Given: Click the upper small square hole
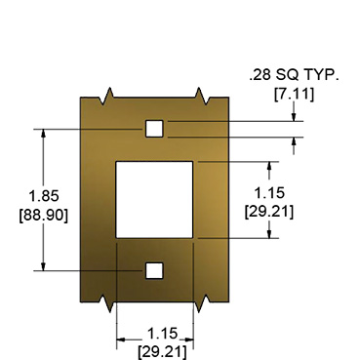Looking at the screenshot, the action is pos(154,129).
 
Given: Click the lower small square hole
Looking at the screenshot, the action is pos(154,270).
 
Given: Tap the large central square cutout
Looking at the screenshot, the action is pos(154,200).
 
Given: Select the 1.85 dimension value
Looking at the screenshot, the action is pos(44,196).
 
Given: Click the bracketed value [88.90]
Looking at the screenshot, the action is pos(44,216).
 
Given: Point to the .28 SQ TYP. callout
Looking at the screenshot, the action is pos(294,75).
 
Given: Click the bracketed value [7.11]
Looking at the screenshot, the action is pos(295,95).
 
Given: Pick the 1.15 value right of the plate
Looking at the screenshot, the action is pos(269,193).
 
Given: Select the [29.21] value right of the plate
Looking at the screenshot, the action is pos(269,212).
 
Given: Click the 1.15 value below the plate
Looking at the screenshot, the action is pos(163,334).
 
